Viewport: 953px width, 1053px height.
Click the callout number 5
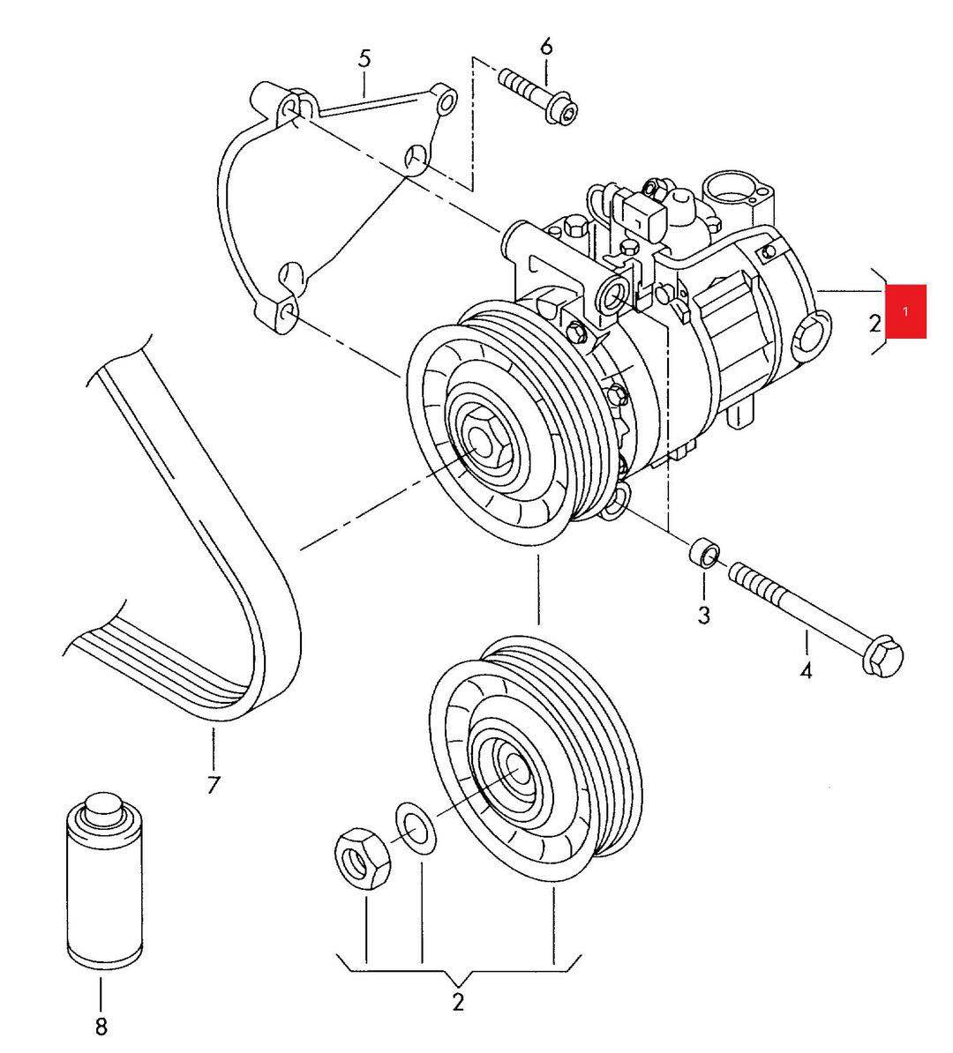pos(364,58)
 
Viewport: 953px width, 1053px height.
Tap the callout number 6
pos(545,47)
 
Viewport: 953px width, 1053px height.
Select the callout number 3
pos(703,615)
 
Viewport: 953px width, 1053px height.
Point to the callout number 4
pos(806,669)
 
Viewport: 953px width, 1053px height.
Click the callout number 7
pos(213,784)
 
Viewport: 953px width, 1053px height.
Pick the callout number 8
pos(101,1025)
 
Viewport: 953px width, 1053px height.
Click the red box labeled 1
pos(905,311)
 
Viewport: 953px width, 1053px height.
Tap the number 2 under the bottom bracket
pos(458,1001)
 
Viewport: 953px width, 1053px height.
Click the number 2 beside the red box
pos(874,323)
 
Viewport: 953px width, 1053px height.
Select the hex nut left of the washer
pos(363,858)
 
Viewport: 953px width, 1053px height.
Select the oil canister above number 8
pos(106,884)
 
